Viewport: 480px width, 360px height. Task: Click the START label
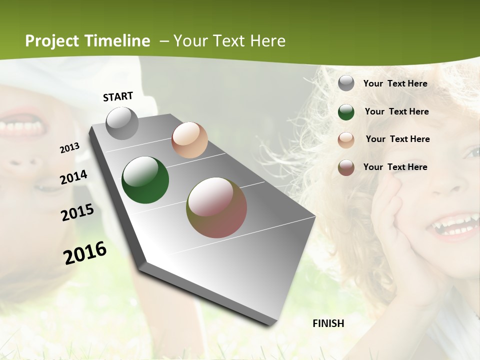[x=118, y=96]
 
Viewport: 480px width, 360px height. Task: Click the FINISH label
[x=328, y=323]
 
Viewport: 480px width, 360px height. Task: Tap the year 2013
[x=70, y=148]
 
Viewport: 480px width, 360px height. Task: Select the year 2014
[x=73, y=177]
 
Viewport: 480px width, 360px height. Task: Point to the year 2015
[x=77, y=212]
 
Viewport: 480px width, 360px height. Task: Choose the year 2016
[x=85, y=252]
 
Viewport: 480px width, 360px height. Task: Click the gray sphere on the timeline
[x=122, y=123]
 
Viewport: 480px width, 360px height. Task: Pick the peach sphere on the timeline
[x=189, y=140]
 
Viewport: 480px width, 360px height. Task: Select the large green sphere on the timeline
[x=145, y=180]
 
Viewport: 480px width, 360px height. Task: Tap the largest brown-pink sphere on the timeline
[x=216, y=207]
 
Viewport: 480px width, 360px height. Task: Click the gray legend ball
[x=346, y=83]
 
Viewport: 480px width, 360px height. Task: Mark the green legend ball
[x=346, y=112]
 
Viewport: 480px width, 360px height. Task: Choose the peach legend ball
[x=346, y=140]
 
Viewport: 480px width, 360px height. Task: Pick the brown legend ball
[x=346, y=167]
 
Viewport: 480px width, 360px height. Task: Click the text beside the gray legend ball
[x=395, y=83]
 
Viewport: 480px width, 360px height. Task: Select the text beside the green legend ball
[x=396, y=111]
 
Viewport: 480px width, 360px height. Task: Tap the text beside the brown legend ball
[x=395, y=167]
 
